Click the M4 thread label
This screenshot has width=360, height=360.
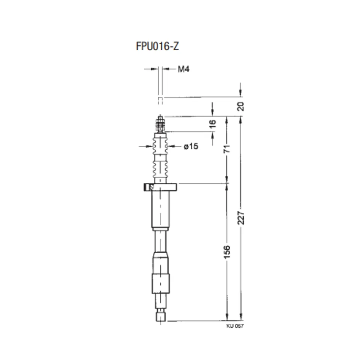coord(183,69)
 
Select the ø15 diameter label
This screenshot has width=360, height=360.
coord(191,146)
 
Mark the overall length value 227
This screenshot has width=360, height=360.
coord(241,217)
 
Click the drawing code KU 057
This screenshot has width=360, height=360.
coord(235,326)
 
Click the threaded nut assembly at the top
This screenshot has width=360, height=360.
coord(160,124)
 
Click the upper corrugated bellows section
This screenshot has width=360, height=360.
coord(160,145)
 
